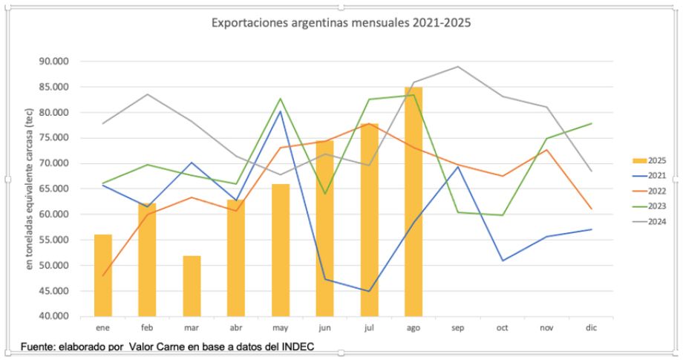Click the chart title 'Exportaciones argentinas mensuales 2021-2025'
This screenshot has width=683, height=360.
click(341, 23)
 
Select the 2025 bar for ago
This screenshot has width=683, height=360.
click(414, 200)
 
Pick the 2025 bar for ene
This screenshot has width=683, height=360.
click(103, 275)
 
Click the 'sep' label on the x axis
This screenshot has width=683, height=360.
click(458, 327)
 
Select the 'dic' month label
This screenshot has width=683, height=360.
click(592, 327)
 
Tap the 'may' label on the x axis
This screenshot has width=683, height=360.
click(281, 327)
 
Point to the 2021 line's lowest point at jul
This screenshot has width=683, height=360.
click(369, 291)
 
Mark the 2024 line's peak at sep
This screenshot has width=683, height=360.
click(458, 67)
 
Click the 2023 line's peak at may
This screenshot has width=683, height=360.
click(281, 99)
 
